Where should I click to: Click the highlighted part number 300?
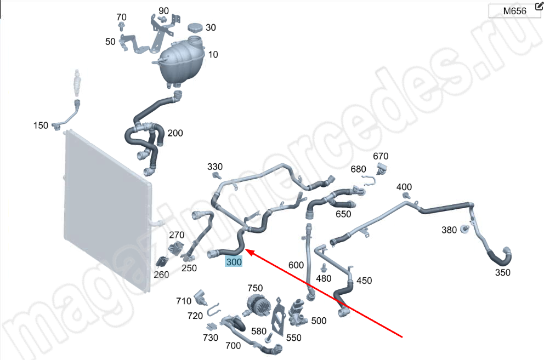234,261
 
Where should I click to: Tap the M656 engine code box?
514,11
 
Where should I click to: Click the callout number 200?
175,133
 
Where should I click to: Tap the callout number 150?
41,125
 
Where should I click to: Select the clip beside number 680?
370,180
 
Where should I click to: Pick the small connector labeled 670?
382,169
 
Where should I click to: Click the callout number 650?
343,214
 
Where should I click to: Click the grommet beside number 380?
464,228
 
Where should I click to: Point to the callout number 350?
502,272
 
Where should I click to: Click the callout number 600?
296,265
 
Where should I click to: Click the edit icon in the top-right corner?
539,6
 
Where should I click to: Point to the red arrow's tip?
245,249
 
